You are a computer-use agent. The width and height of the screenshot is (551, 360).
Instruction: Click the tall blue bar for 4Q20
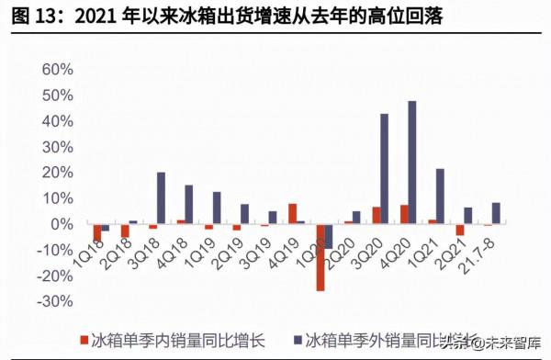(412, 163)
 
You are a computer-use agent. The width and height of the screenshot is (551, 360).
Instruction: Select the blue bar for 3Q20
(384, 169)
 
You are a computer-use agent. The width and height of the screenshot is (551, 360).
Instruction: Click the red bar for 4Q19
(292, 214)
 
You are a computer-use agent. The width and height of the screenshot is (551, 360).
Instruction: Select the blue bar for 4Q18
(189, 205)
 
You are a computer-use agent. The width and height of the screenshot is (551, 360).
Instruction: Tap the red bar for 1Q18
(96, 232)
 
